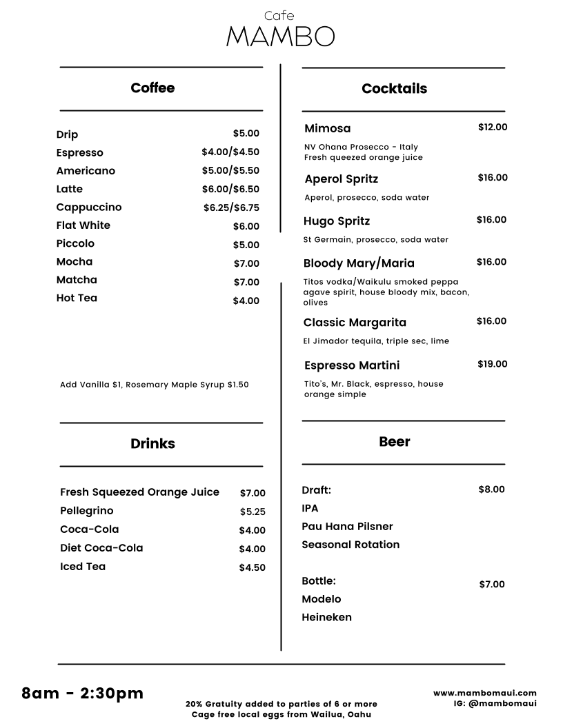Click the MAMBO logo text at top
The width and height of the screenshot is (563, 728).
pos(280,37)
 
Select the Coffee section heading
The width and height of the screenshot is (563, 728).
pos(152,88)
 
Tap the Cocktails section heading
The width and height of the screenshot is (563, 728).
pos(394,89)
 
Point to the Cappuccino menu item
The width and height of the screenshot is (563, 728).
pos(89,208)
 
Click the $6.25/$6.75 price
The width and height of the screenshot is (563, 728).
pos(231,208)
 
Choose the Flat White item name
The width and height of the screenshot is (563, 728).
pos(83,225)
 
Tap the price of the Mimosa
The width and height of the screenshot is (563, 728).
pos(493,128)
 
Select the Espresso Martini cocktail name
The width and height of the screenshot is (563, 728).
pos(352,365)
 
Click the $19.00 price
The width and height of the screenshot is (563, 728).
pos(492,364)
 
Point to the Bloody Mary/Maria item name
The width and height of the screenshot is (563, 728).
pos(359,263)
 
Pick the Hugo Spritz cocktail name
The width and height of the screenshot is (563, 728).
pos(337,221)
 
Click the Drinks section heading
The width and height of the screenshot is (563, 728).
pos(152,444)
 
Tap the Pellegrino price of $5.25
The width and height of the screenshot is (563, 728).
pos(253,512)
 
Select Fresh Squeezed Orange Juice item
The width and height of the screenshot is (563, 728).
pos(139,492)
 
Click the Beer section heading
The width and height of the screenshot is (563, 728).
pos(395,442)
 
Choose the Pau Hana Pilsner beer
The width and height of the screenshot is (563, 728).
pos(347,527)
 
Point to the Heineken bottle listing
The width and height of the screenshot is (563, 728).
pos(326,618)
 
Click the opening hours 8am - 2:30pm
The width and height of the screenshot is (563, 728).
pos(83,694)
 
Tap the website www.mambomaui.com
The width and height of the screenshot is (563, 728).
pos(485,693)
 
